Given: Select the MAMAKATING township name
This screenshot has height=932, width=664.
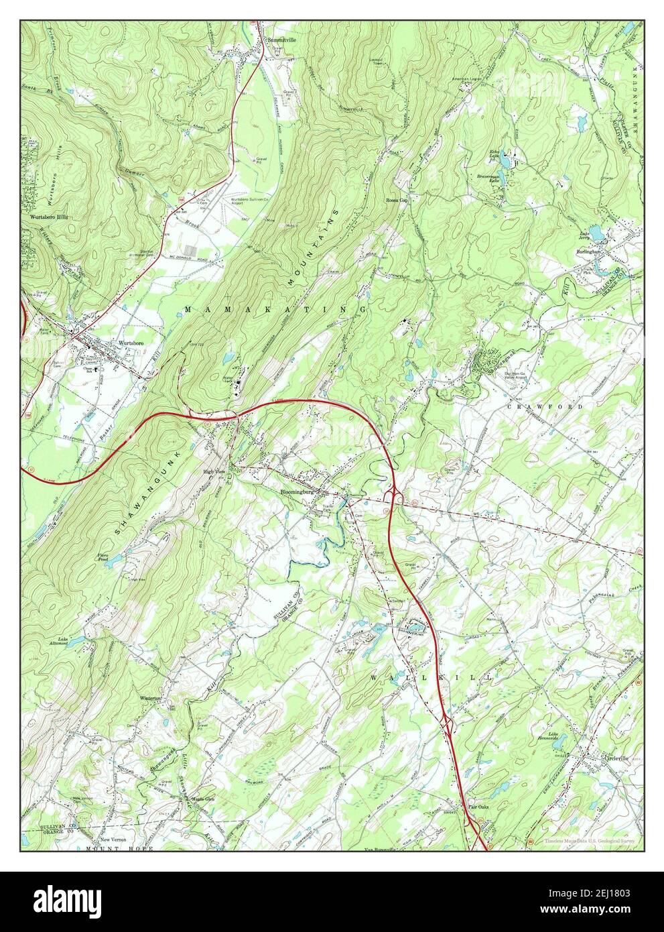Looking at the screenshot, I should [x=275, y=309].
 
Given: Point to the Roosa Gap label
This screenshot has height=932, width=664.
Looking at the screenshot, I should [x=397, y=200].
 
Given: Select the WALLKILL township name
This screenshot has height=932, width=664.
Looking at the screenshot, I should [x=431, y=679].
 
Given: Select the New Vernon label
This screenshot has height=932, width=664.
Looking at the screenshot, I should [x=113, y=840].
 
